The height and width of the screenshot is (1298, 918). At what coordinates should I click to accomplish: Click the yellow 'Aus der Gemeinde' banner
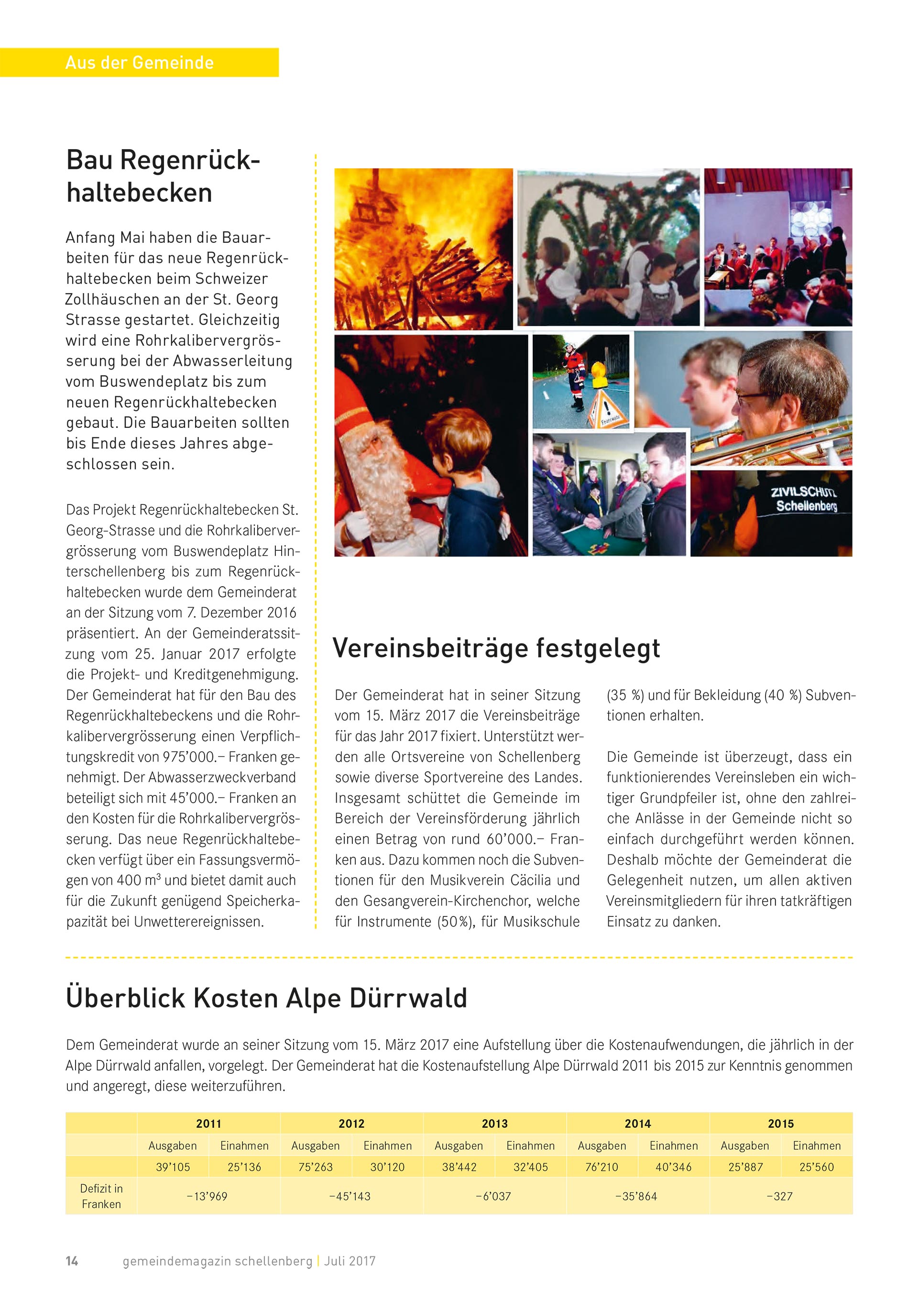pyautogui.click(x=139, y=62)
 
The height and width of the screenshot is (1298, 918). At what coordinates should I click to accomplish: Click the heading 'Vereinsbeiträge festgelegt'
pyautogui.click(x=496, y=648)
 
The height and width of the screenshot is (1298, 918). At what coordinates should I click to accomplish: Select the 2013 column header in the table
pyautogui.click(x=494, y=1123)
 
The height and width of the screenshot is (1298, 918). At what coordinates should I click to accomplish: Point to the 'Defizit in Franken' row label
pyautogui.click(x=101, y=1196)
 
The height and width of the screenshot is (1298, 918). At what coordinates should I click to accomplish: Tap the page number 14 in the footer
pyautogui.click(x=72, y=1261)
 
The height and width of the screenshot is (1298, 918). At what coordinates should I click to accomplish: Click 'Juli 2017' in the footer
pyautogui.click(x=350, y=1261)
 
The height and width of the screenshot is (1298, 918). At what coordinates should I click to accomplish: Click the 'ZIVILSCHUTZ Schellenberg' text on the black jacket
pyautogui.click(x=805, y=499)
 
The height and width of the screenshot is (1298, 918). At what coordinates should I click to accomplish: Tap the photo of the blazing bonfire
pyautogui.click(x=424, y=249)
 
